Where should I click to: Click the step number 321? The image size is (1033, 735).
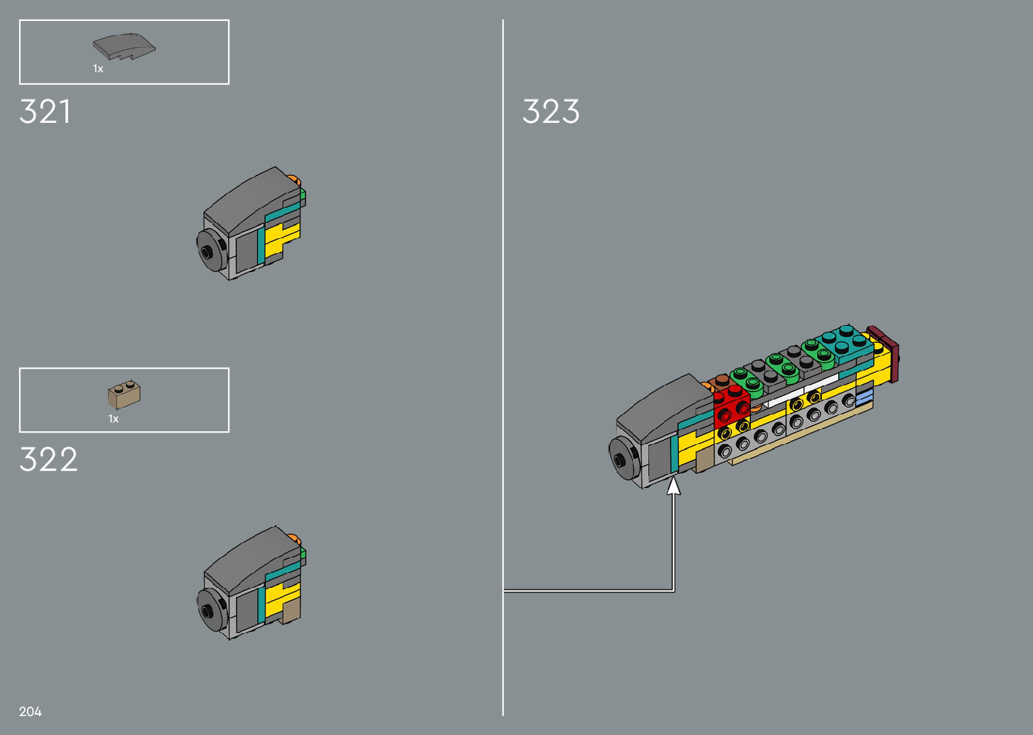click(45, 111)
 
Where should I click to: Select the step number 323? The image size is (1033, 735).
click(551, 111)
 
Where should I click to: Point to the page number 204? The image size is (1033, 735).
click(30, 711)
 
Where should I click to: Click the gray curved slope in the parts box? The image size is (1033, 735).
click(123, 47)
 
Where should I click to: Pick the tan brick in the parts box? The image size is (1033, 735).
click(124, 394)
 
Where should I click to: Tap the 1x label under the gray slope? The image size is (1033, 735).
click(99, 69)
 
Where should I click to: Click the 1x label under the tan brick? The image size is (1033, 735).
click(113, 418)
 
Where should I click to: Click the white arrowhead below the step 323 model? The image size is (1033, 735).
click(673, 486)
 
